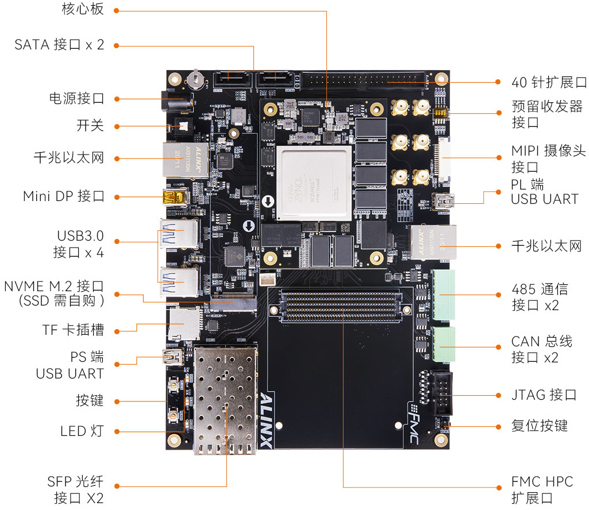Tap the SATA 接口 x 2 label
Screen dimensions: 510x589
[59, 44]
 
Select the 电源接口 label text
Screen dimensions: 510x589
[76, 98]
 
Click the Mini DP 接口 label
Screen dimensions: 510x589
[63, 196]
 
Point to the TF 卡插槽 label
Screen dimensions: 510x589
[73, 330]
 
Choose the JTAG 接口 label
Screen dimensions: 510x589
[544, 395]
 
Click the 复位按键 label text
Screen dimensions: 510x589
[539, 426]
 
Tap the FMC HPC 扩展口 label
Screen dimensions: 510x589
[542, 489]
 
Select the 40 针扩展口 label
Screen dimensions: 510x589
[549, 82]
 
